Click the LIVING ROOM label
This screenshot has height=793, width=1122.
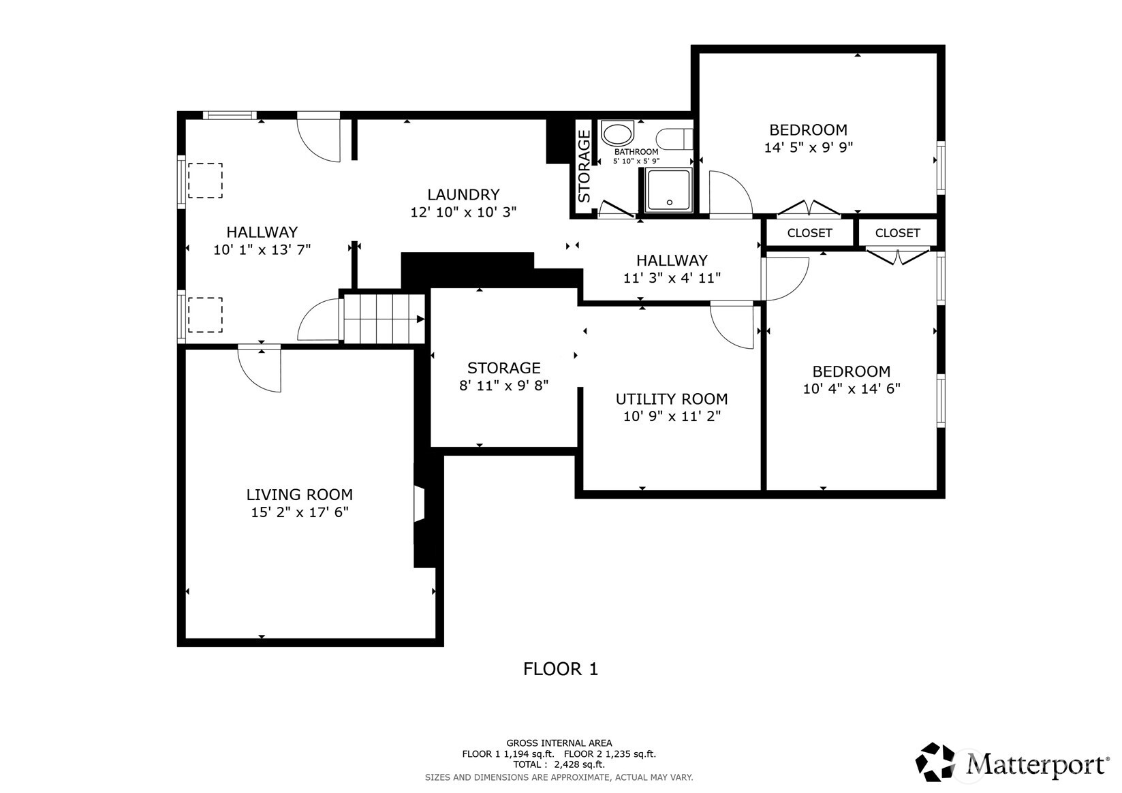coord(299,495)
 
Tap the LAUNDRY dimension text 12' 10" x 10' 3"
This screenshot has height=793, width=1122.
coord(463,212)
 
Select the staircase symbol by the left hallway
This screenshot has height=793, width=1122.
coord(383,318)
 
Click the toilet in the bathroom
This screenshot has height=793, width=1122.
coord(679,138)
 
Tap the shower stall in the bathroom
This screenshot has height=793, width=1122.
coord(668,189)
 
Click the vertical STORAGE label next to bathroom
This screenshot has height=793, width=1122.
coord(585,167)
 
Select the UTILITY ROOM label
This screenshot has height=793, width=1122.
coord(671,399)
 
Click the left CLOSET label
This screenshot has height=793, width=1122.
coord(809,233)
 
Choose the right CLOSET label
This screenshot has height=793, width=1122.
coord(897,233)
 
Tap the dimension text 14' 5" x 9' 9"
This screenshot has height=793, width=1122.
coord(808,147)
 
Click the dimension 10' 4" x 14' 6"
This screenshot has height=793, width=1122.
coord(851,389)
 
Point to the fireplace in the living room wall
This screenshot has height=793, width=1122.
coord(420,504)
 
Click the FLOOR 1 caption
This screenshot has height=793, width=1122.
coord(560,669)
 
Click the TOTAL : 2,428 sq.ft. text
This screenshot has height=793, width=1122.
coord(559,764)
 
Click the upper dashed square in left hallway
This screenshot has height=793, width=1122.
coord(205,181)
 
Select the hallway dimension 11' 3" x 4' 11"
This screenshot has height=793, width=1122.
coord(671,278)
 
